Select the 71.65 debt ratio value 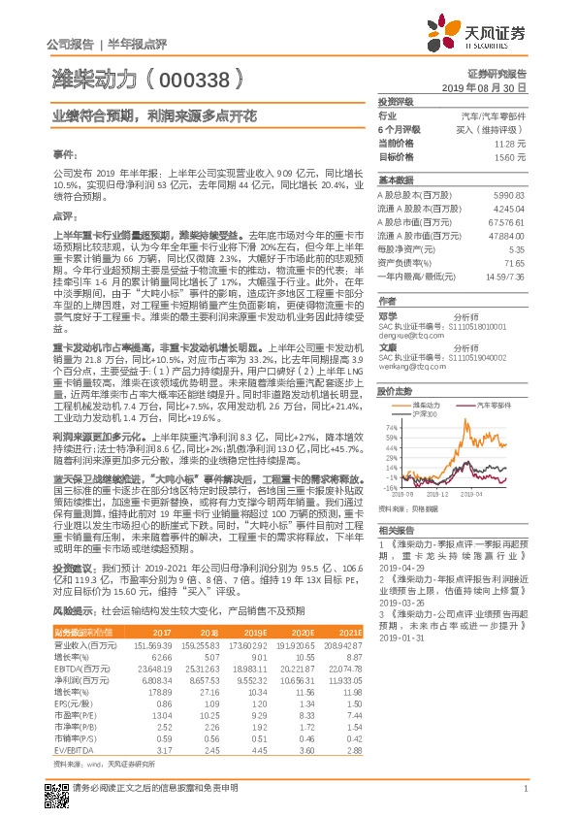pos(513,262)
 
